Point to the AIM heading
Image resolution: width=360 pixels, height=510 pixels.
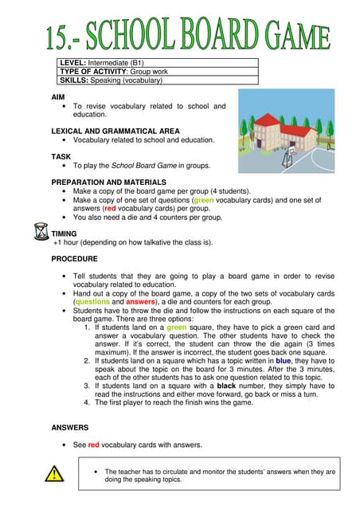coord(57,95)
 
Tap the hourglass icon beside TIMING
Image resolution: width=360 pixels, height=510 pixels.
coord(41,233)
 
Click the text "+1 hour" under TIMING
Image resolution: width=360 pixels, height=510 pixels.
coord(65,241)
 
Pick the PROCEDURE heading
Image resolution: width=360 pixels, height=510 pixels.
coord(75,259)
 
